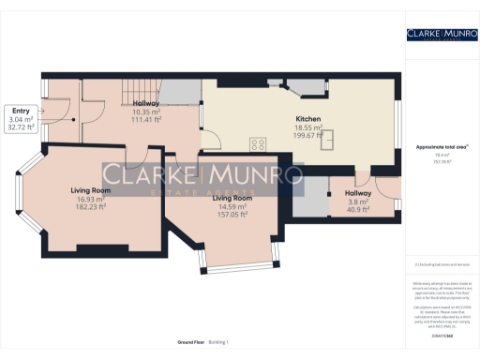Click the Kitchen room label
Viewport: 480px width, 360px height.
(309, 119)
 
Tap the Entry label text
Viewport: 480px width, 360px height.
(21, 111)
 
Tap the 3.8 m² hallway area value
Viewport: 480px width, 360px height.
(358, 202)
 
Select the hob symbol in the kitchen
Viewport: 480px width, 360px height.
(257, 144)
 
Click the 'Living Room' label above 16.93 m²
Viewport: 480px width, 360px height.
(91, 190)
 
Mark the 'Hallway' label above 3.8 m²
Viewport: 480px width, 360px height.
(358, 193)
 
